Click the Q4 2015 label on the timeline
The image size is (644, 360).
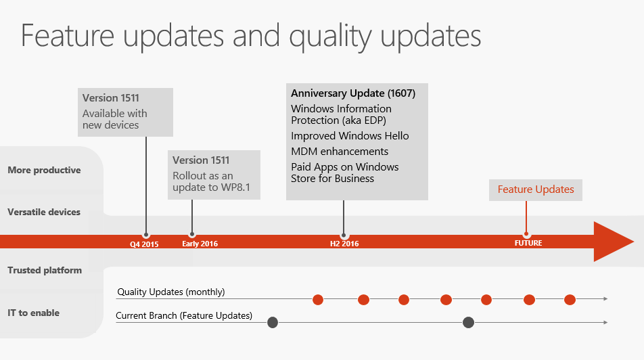click(144, 244)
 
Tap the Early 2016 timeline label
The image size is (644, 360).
click(200, 244)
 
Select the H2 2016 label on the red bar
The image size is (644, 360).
click(344, 244)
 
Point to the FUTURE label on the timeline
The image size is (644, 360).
click(528, 243)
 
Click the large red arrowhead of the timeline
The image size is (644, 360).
click(612, 242)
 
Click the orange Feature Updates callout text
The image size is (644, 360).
click(536, 189)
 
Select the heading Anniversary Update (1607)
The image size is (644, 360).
click(353, 93)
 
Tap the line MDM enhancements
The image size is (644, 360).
click(340, 151)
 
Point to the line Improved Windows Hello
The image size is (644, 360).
click(350, 135)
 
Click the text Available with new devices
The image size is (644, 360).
click(114, 119)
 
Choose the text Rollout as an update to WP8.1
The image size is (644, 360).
click(211, 181)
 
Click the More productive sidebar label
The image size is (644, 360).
click(45, 170)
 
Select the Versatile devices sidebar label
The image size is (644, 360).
click(44, 212)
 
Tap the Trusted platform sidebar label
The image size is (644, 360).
click(45, 271)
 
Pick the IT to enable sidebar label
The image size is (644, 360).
click(34, 313)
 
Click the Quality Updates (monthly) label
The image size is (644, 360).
click(171, 292)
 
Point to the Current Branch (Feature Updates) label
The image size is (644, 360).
click(184, 315)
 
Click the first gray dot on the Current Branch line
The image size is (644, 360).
click(273, 323)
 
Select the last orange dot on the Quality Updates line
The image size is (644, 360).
click(570, 300)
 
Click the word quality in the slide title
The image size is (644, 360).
click(330, 37)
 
